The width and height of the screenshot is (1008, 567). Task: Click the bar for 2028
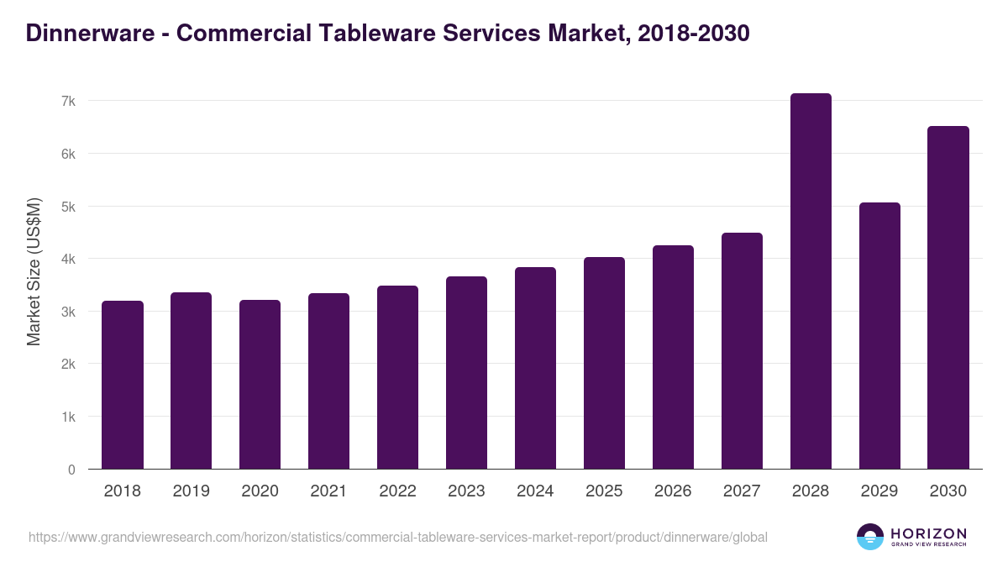tap(811, 281)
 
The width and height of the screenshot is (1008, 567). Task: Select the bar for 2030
tap(948, 298)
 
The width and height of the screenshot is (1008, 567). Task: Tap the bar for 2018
tap(123, 385)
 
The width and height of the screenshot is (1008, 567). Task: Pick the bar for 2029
tap(879, 336)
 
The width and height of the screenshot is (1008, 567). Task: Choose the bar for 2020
tap(260, 385)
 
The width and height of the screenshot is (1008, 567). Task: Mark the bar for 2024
tap(535, 368)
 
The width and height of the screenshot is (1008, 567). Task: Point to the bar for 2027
tap(742, 351)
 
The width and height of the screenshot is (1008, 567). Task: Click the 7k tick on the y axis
tap(68, 101)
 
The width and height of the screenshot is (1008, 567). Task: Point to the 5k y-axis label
tap(68, 207)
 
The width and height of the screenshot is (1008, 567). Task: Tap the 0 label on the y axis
tap(71, 470)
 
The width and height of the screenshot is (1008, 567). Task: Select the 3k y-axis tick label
tap(68, 312)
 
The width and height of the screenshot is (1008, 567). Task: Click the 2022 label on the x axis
tap(397, 491)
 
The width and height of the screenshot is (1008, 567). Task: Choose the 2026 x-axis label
tap(673, 491)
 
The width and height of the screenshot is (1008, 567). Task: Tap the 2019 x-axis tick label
tap(192, 491)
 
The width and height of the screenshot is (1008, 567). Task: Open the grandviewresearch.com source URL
tap(397, 537)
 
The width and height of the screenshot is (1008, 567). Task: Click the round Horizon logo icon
tap(869, 537)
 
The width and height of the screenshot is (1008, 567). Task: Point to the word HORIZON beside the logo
tap(928, 533)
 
